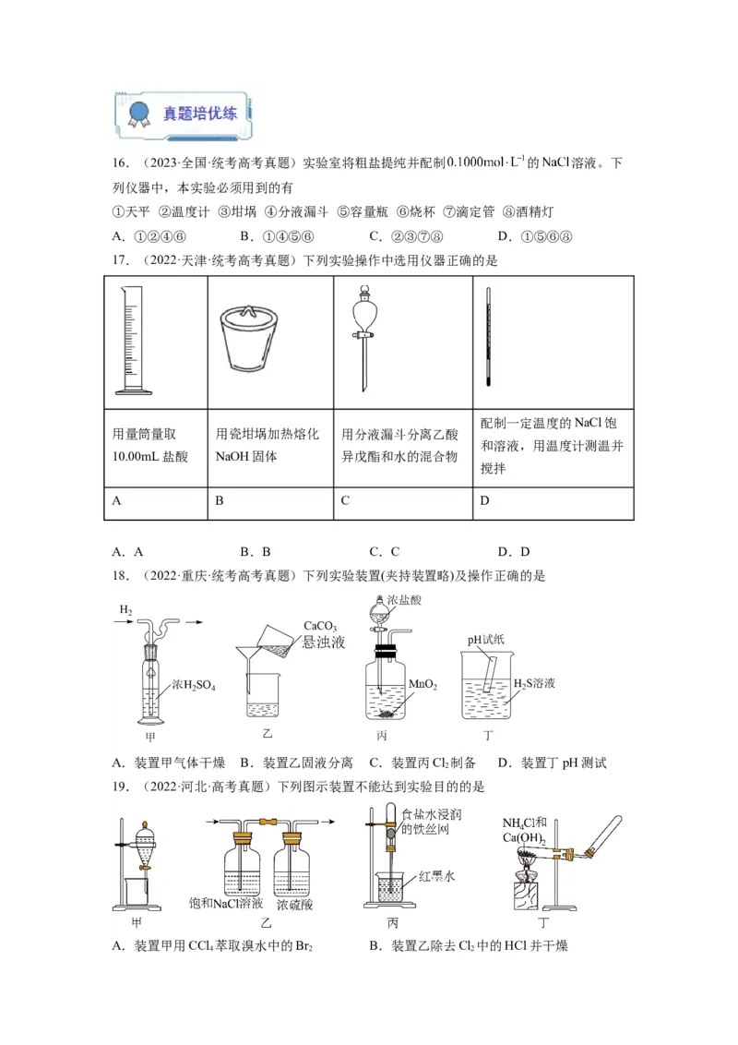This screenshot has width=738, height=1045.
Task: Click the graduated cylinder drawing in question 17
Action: pos(137,339)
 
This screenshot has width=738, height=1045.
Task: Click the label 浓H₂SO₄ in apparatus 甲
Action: pos(193,688)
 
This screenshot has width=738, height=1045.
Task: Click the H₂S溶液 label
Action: pos(532,683)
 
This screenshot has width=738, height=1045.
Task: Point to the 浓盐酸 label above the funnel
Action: pos(404,600)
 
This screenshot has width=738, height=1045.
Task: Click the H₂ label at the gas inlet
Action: pos(125,610)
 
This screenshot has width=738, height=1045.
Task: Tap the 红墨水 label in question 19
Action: pos(437,874)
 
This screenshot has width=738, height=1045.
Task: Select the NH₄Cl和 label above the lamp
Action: pos(525,823)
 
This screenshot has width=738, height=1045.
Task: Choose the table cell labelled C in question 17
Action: pos(403,500)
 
